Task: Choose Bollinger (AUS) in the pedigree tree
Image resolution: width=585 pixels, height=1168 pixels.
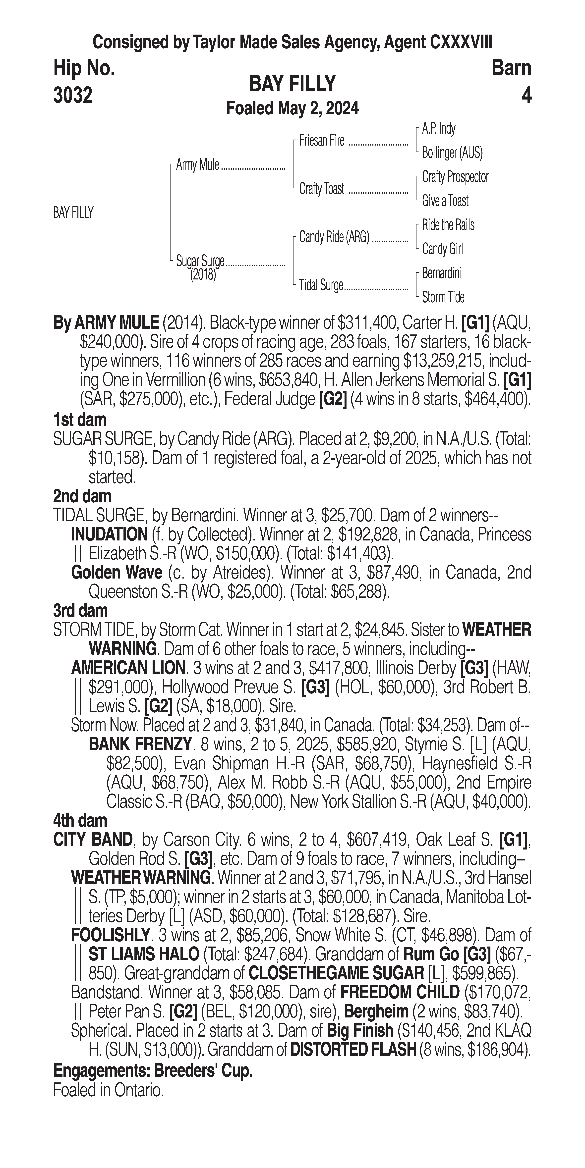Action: click(x=452, y=153)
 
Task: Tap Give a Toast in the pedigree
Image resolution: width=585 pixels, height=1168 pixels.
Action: click(x=445, y=201)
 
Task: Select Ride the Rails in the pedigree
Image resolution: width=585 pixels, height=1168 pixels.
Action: click(x=448, y=225)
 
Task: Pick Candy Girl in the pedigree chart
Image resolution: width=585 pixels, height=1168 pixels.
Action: click(x=442, y=249)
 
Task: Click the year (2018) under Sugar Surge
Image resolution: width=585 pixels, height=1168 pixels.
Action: click(x=203, y=275)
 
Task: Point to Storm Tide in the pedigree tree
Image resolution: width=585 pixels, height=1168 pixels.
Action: click(x=443, y=297)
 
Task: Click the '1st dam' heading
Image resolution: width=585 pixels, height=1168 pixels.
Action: click(x=80, y=420)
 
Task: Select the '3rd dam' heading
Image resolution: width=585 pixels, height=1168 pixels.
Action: click(x=80, y=611)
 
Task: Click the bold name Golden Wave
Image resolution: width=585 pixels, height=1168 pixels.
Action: click(x=117, y=573)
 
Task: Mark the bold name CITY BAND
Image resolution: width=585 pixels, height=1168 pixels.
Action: click(x=93, y=840)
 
